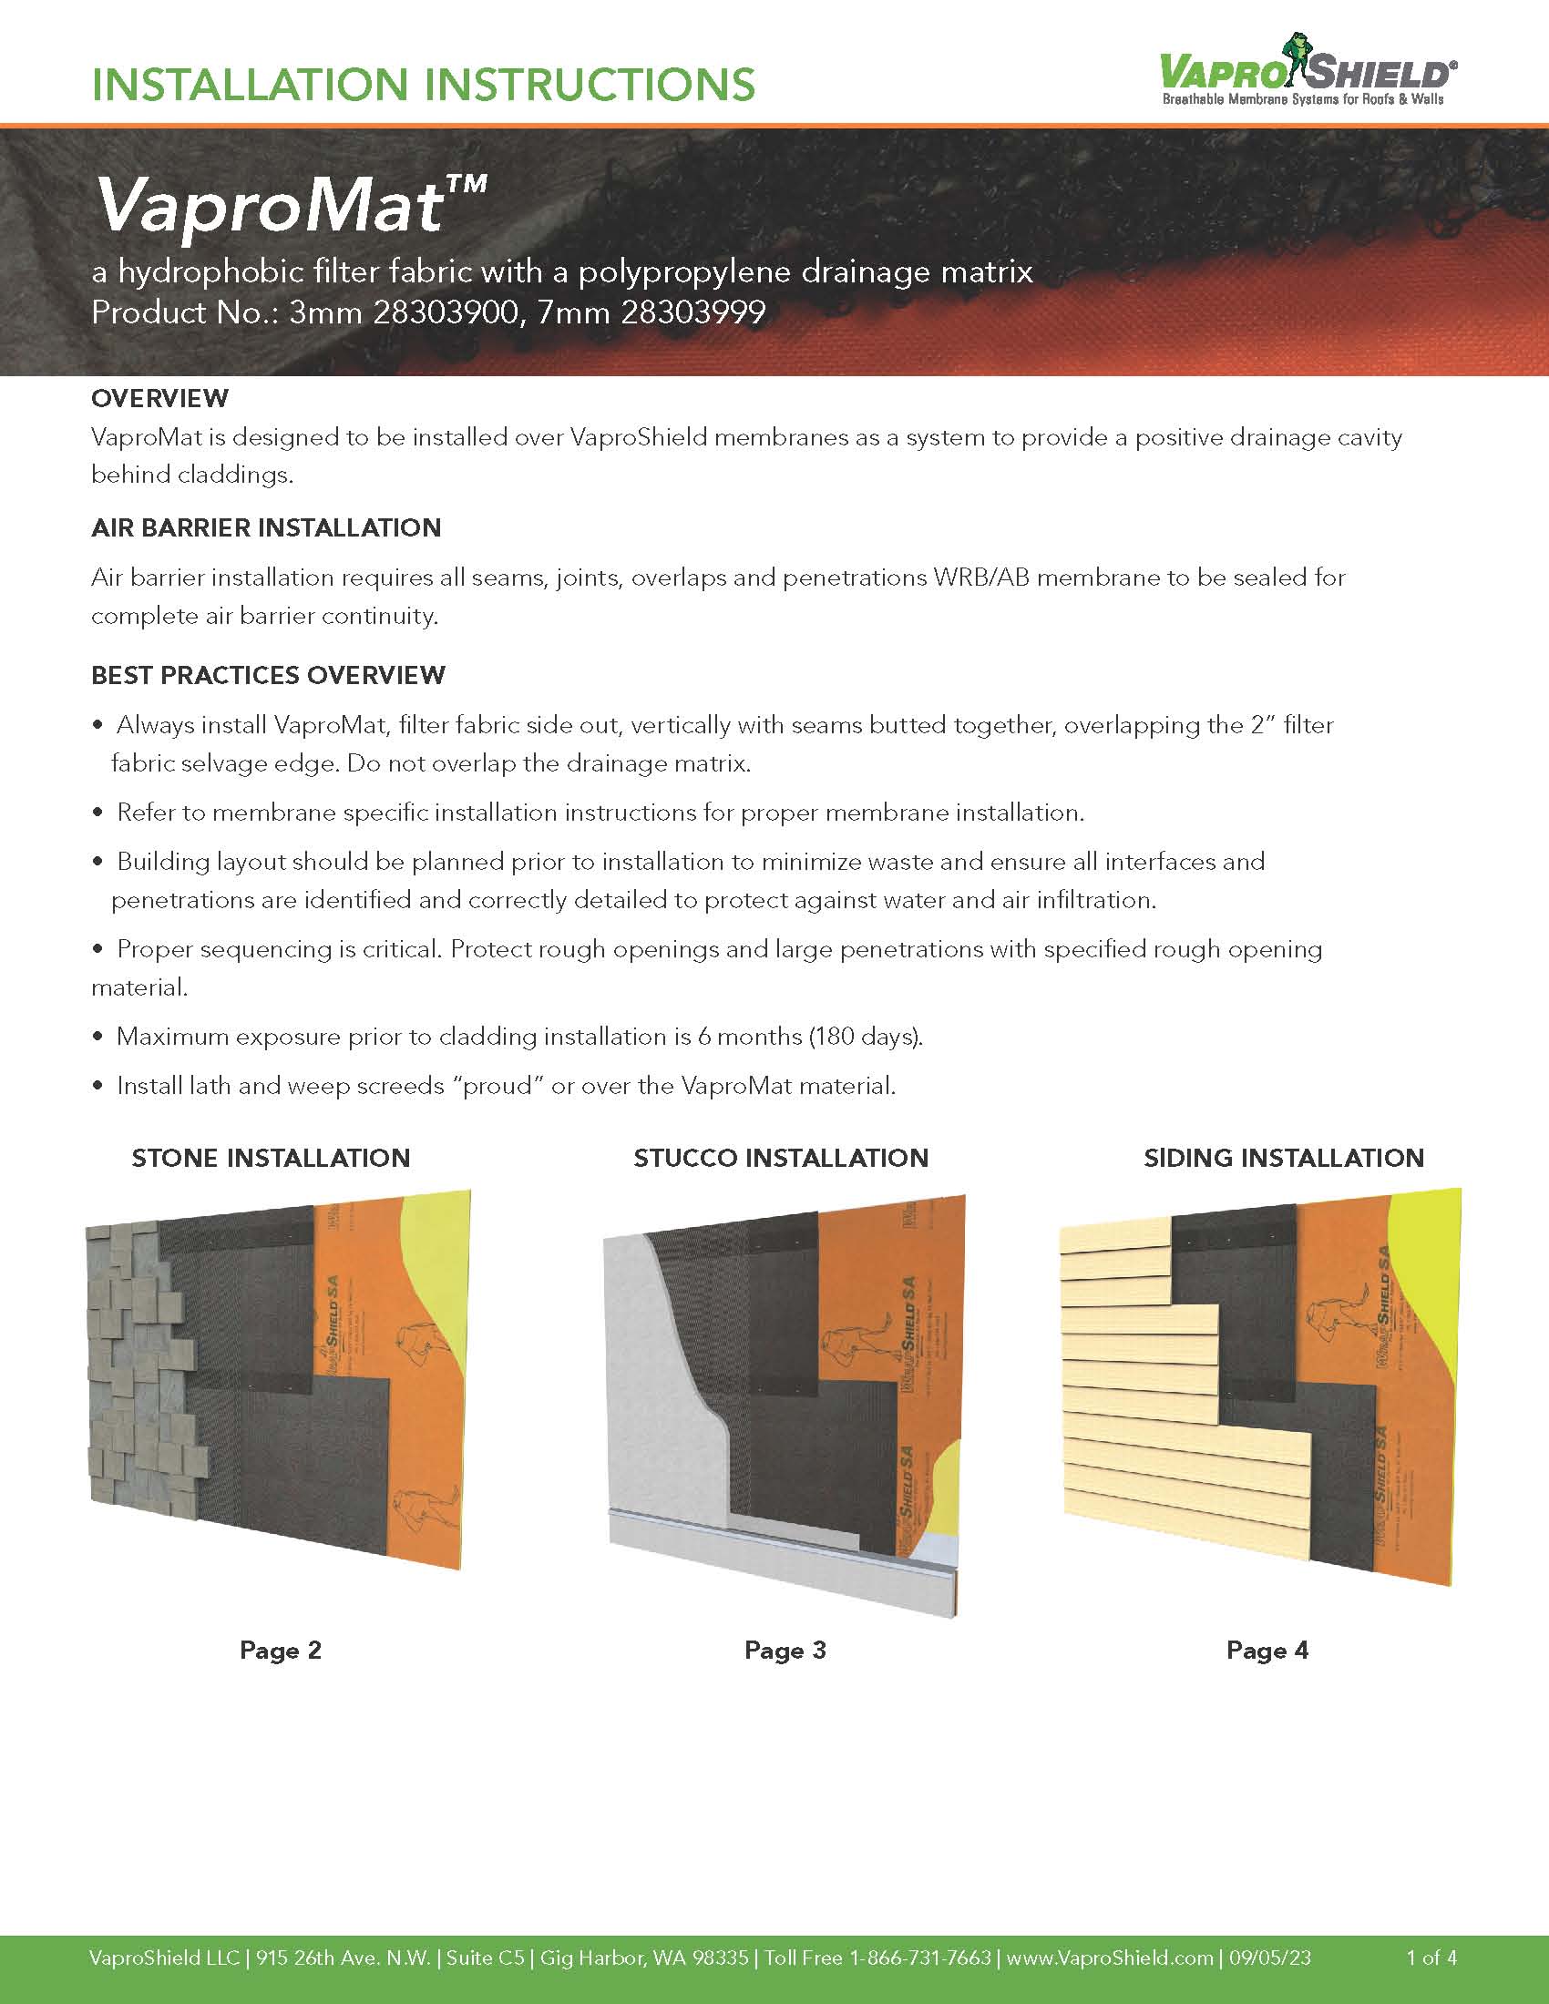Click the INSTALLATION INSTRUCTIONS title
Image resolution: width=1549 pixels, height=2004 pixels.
pos(423,85)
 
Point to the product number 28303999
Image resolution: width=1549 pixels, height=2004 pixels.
pos(692,312)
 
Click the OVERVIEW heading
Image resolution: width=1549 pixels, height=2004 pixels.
pos(159,398)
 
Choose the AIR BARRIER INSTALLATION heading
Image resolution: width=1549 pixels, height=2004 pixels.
pos(266,527)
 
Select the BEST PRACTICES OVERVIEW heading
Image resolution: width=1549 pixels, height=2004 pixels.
pos(268,675)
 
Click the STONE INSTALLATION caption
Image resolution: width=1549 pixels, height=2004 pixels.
pos(271,1158)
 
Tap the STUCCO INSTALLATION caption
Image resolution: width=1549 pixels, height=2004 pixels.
pos(781,1158)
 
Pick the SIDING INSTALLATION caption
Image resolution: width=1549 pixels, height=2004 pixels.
pos(1284,1158)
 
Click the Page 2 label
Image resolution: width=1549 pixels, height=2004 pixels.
pos(280,1651)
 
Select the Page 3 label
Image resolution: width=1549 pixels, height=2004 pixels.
pos(785,1651)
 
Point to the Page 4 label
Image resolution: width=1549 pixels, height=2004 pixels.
pos(1267,1651)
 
